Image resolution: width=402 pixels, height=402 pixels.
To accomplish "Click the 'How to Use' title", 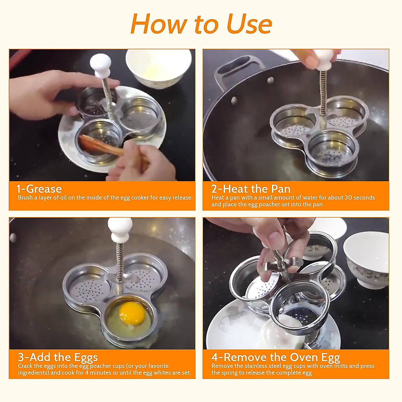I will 201,24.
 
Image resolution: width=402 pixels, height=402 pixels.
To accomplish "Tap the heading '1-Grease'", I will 39,189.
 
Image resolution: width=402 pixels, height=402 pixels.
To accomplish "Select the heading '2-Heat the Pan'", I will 251,189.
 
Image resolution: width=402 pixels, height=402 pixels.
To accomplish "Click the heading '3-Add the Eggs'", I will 58,357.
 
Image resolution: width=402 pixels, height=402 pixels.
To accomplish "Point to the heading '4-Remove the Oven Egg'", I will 275,357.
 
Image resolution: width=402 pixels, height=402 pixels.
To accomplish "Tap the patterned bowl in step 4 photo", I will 366,260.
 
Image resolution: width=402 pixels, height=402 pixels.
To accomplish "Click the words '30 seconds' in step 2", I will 359,198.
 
